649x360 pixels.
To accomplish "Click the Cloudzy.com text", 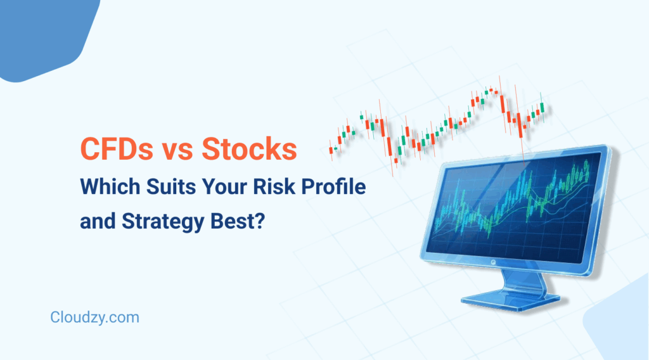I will pos(94,318).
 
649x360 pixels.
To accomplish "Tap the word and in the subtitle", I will pos(95,224).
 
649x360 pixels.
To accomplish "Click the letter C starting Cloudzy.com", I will pos(55,318).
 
